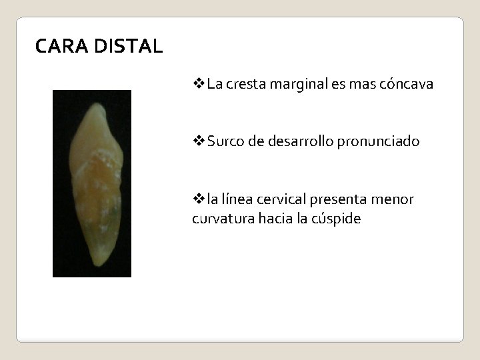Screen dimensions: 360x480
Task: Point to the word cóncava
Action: tap(405, 85)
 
